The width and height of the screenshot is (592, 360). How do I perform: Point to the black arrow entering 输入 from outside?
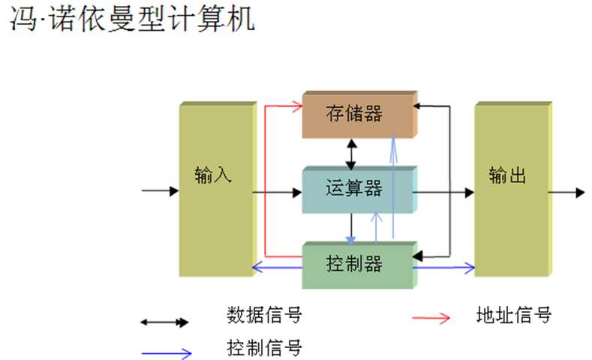160,190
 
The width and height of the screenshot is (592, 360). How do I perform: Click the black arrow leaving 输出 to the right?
566,193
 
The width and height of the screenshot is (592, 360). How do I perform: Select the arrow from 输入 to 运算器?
277,193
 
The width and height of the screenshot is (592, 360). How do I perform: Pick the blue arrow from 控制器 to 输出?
443,267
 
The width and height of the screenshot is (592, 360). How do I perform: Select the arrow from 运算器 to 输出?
443,193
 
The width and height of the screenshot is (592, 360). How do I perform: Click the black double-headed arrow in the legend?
165,322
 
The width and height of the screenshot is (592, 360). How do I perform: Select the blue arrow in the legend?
165,352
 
